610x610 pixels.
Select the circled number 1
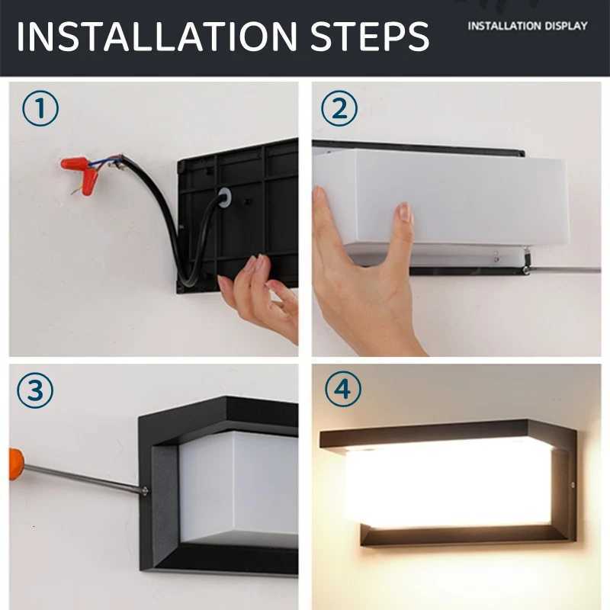point(40,109)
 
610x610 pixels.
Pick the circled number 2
point(339,109)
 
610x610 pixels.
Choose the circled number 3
point(35,391)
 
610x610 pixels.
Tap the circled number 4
point(342,391)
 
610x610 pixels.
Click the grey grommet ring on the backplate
point(224,198)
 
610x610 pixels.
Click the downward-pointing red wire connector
point(89,181)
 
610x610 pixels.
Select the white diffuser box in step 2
point(442,198)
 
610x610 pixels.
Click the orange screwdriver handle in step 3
point(15,464)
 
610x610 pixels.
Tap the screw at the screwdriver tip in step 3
point(144,490)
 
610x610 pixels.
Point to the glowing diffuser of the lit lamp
point(450,484)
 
